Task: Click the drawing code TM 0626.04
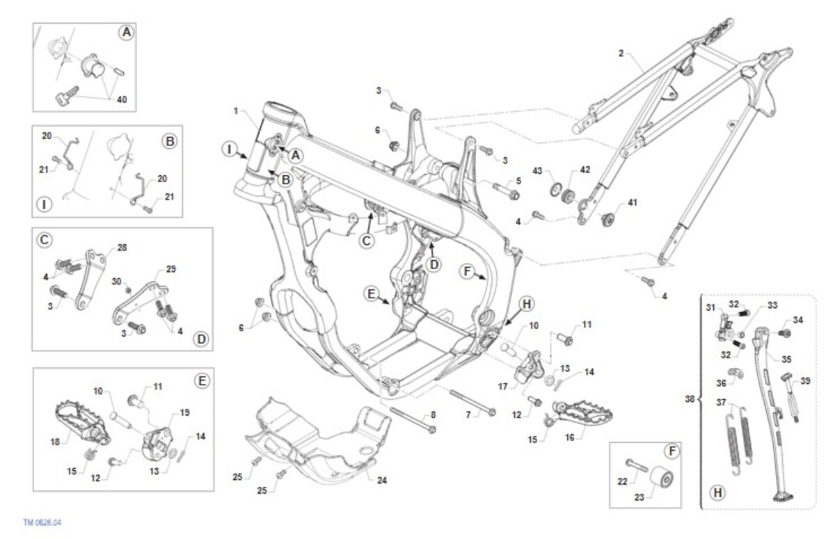42,522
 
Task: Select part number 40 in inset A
122,100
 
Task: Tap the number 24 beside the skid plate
382,481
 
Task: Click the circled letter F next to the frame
468,271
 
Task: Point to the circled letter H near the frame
526,305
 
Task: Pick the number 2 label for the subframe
621,54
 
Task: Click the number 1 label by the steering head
236,111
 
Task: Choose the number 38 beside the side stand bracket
690,399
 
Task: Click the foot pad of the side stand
783,497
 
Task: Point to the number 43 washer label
536,171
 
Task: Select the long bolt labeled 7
472,402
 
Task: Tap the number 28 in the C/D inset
122,248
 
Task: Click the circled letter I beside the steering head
230,150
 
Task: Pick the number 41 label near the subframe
633,202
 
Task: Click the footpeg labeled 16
582,412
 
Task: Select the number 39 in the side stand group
805,381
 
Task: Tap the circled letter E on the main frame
372,294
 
